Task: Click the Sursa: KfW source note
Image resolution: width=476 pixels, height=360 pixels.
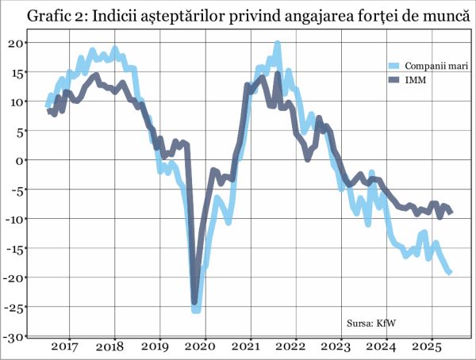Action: (371, 323)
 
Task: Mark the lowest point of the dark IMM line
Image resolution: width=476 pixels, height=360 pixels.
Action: (195, 301)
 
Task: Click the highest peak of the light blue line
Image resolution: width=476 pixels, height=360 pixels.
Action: (278, 44)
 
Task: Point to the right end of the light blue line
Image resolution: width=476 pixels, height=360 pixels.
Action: (451, 272)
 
